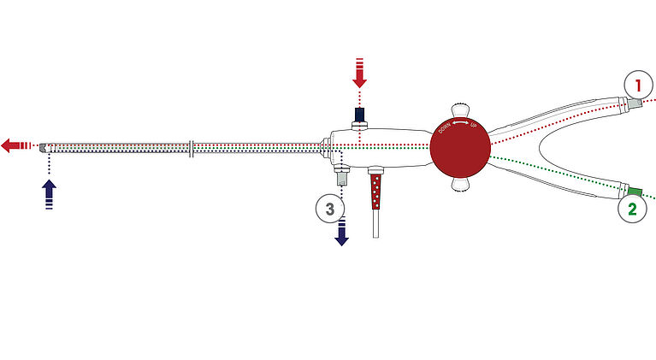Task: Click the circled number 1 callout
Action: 638,85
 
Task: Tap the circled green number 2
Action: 632,209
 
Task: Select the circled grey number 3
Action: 330,209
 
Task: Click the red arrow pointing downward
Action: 359,74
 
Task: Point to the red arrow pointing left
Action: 16,146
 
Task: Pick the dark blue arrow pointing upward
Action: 50,194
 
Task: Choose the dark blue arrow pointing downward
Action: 342,230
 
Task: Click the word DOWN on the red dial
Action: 445,127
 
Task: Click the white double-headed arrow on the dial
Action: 461,122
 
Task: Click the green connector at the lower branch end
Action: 635,191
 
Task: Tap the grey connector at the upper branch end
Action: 635,103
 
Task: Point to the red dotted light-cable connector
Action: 376,192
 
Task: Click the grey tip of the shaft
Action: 43,148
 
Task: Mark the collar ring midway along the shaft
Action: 192,149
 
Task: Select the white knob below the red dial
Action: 460,183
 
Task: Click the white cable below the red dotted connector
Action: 375,223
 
